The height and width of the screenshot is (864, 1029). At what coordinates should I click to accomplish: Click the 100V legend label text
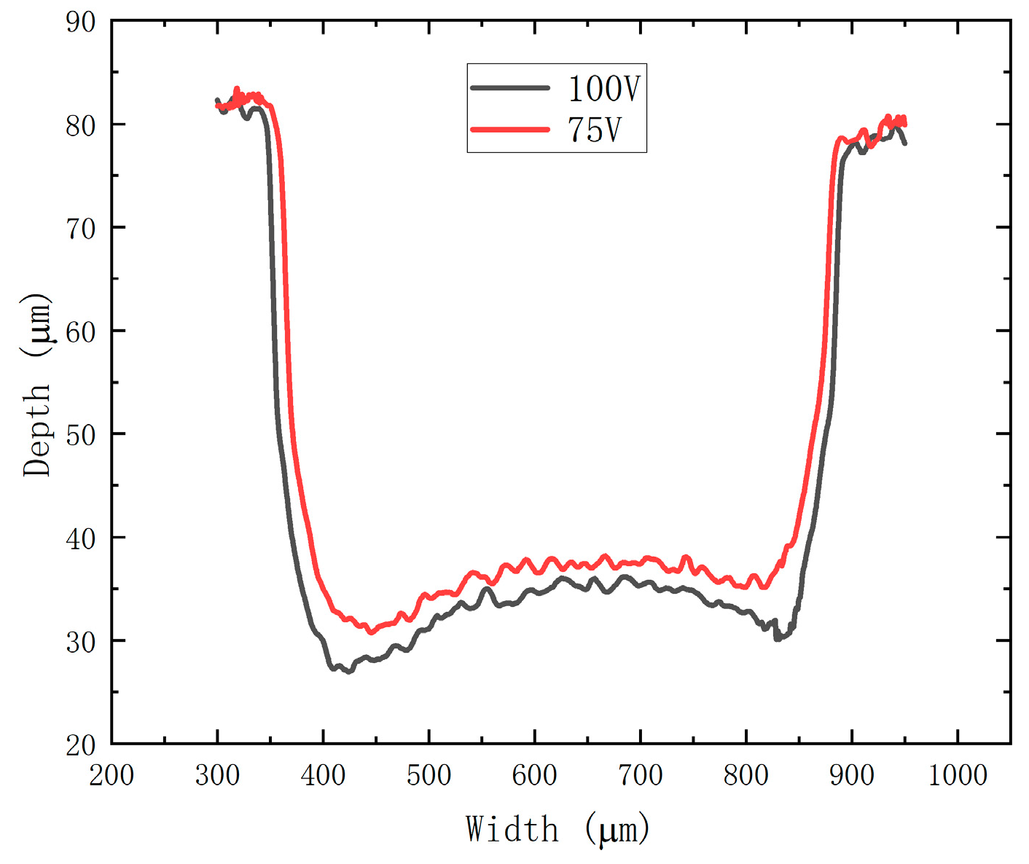click(x=603, y=89)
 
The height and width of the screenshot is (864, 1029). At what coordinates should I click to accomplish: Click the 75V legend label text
click(x=594, y=130)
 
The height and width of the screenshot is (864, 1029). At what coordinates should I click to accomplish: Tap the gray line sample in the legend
click(x=510, y=88)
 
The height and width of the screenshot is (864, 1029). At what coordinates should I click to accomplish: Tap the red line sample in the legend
click(x=510, y=130)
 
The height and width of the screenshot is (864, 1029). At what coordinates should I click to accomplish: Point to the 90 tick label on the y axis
click(x=81, y=22)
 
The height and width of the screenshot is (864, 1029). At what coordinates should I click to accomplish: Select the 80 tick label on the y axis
click(x=81, y=125)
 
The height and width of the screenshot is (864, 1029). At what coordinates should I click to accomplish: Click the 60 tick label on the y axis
click(x=81, y=331)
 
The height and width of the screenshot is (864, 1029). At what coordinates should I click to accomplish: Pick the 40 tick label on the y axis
click(x=81, y=538)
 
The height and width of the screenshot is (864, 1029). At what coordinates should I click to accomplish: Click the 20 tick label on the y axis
click(x=81, y=745)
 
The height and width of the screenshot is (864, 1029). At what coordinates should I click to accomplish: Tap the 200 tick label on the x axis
click(x=111, y=775)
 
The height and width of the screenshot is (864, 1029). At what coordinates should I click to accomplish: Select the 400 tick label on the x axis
click(x=323, y=775)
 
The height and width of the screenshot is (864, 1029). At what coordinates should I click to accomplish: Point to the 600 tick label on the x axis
click(x=534, y=775)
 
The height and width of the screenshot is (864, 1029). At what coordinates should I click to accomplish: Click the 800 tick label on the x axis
click(x=746, y=775)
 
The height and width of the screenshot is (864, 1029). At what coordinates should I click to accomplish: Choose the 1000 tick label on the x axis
click(x=957, y=775)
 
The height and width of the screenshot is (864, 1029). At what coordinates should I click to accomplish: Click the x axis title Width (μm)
click(x=557, y=829)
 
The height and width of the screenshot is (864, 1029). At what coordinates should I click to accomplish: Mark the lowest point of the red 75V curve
click(x=371, y=632)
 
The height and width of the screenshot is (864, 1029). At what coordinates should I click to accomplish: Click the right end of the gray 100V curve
click(x=905, y=144)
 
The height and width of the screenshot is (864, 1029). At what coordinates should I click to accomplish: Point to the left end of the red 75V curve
click(x=217, y=106)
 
